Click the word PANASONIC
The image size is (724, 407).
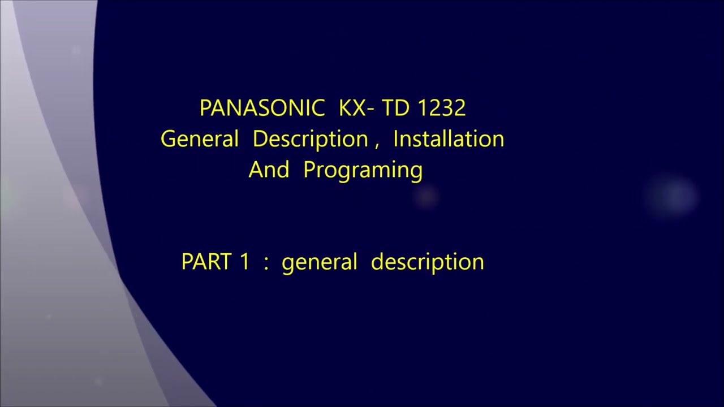262,108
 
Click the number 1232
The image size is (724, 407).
441,108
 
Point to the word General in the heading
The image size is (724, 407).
200,139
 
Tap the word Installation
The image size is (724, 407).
449,139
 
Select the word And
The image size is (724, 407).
269,170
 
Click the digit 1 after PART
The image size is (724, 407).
244,262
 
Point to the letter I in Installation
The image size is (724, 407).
396,139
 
